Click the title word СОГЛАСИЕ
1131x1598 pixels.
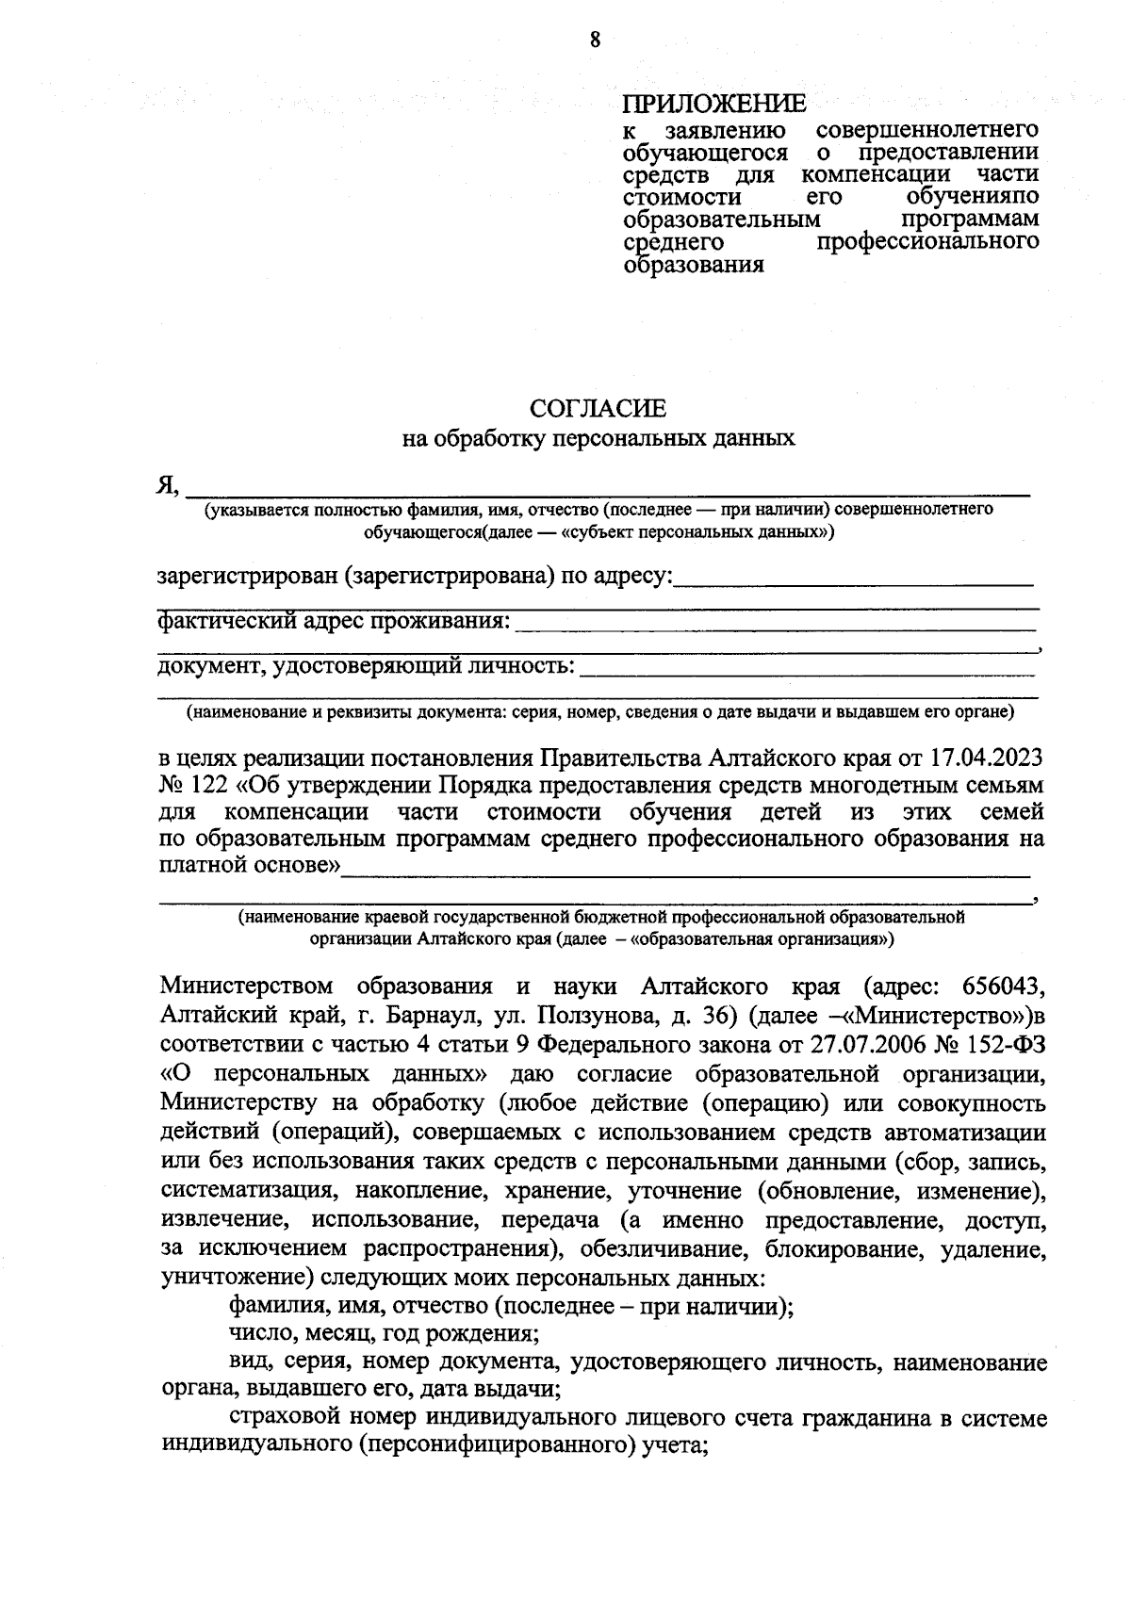598,408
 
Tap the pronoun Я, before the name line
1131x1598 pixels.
168,485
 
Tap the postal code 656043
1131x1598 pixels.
1004,987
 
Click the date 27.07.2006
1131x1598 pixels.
869,1045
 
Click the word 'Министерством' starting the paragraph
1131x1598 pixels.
247,987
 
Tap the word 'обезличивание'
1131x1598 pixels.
664,1250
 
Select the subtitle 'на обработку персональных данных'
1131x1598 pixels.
598,438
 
